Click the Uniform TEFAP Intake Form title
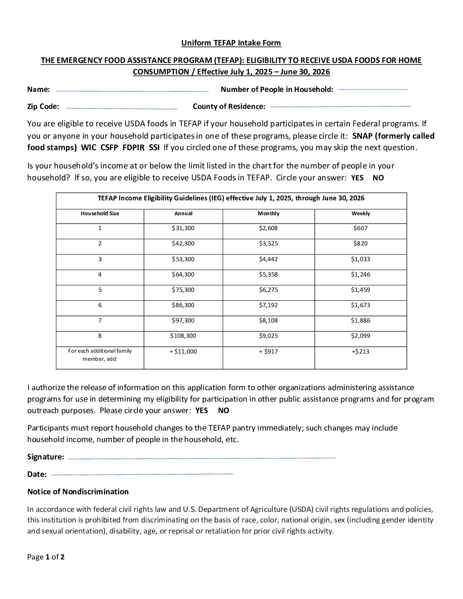(x=231, y=43)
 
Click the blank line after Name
(x=132, y=91)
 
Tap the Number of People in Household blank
(x=372, y=89)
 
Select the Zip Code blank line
(x=121, y=108)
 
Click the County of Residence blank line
(x=340, y=106)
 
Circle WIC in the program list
(x=89, y=148)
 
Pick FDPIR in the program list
(x=133, y=148)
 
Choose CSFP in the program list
(x=109, y=148)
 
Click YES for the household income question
(x=357, y=178)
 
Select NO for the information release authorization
(x=223, y=411)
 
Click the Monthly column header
(x=269, y=214)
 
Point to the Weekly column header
(x=360, y=214)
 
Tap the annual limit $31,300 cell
(x=183, y=228)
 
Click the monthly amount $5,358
(x=269, y=275)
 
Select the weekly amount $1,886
(x=360, y=321)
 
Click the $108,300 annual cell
(x=183, y=336)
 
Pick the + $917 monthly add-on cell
(x=269, y=352)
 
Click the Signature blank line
(x=202, y=458)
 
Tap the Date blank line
(x=142, y=474)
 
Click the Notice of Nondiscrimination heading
(x=78, y=492)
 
